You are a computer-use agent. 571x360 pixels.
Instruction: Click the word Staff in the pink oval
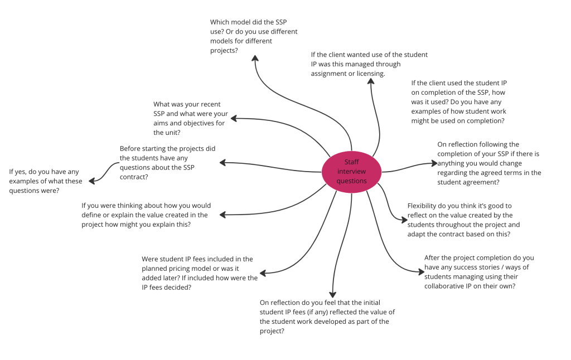(351, 162)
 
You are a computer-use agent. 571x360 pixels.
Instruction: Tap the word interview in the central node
(351, 172)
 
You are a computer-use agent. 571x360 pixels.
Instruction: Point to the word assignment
(328, 74)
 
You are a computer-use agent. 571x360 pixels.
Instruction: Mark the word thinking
(128, 206)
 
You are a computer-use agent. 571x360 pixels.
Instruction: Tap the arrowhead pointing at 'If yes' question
(92, 181)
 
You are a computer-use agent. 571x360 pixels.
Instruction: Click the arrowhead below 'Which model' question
(255, 59)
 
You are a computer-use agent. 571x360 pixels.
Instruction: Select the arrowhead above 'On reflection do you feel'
(332, 294)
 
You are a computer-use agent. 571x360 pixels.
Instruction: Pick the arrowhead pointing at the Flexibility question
(404, 220)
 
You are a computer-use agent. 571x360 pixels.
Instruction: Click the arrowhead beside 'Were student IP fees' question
(263, 273)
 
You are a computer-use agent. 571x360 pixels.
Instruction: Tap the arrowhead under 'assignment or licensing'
(371, 81)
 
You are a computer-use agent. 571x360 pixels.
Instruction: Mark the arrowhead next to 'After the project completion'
(422, 271)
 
